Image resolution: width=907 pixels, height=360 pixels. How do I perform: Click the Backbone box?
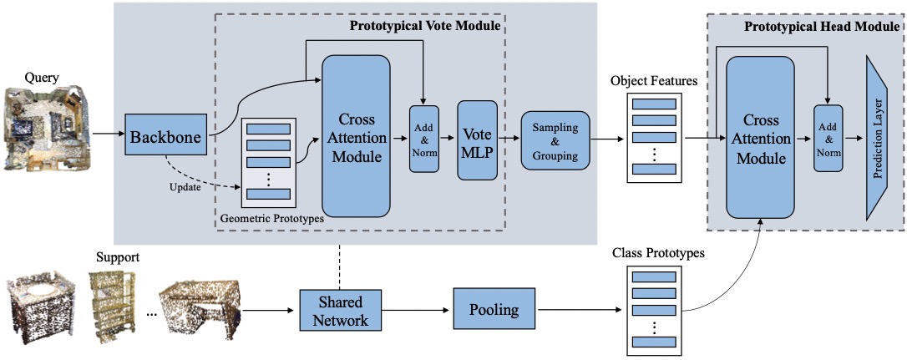pos(166,137)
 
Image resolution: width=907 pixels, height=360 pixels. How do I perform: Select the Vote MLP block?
pos(477,140)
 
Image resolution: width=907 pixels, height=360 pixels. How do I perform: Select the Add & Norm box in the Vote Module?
pos(424,139)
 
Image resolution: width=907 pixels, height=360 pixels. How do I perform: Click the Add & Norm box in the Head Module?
pos(828,138)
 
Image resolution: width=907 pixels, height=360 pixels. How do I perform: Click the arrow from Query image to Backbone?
pos(109,134)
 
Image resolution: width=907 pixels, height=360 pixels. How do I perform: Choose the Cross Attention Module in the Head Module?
pos(759,138)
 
